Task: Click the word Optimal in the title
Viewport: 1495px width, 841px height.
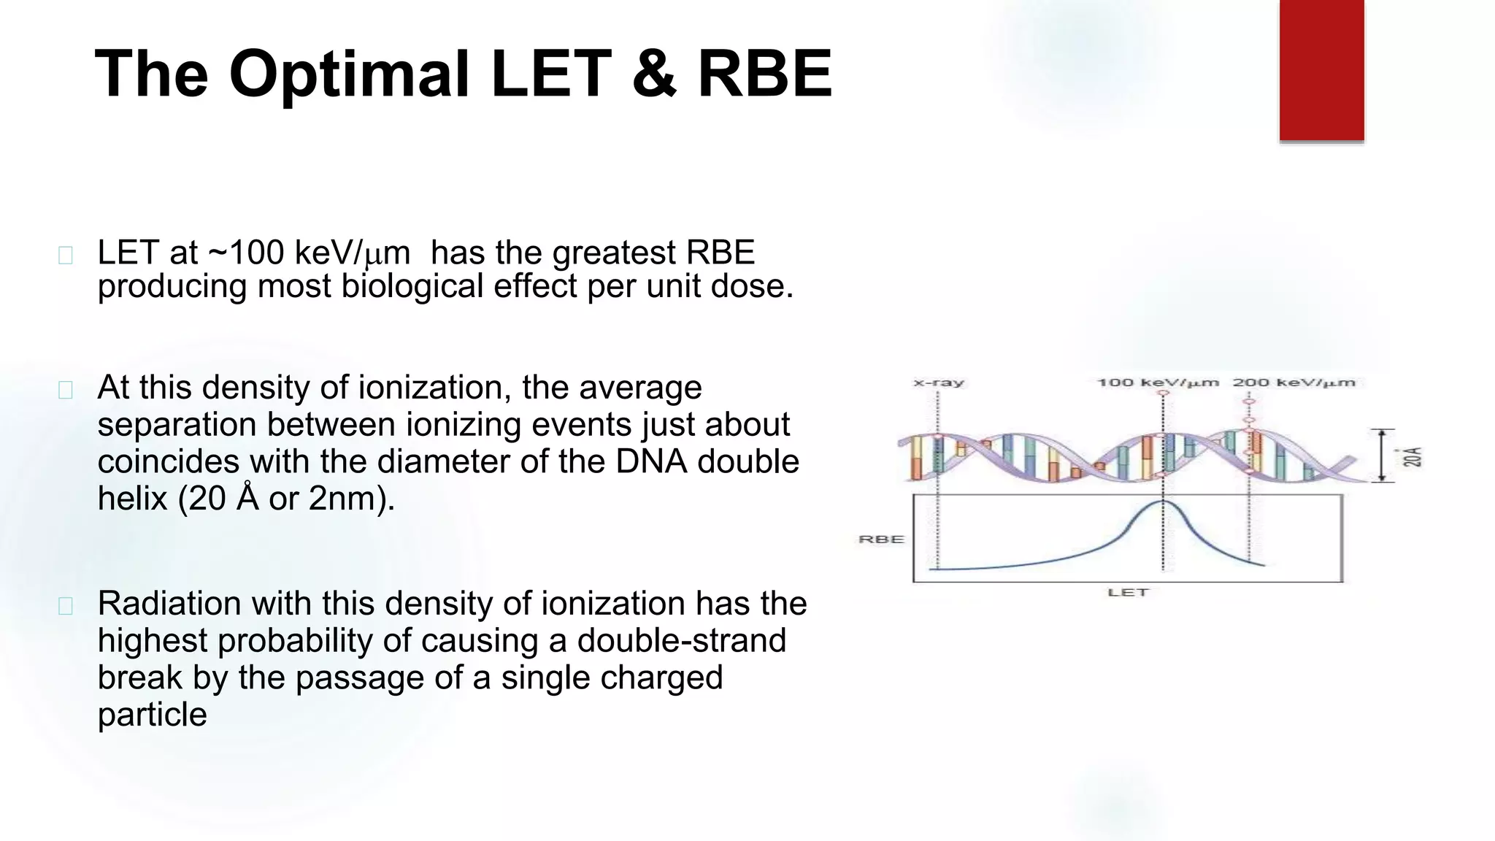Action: pyautogui.click(x=349, y=74)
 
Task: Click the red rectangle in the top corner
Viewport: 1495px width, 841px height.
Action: pyautogui.click(x=1321, y=69)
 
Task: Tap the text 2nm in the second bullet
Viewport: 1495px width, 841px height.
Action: pyautogui.click(x=346, y=499)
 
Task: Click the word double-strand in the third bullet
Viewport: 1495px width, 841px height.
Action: pyautogui.click(x=682, y=640)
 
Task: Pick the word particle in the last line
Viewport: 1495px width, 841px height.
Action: pyautogui.click(x=152, y=714)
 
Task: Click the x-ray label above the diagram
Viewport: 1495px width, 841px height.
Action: pyautogui.click(x=939, y=383)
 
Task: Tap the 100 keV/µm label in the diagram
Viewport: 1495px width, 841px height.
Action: pyautogui.click(x=1158, y=383)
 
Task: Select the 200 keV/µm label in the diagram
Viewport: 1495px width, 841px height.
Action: pyautogui.click(x=1294, y=383)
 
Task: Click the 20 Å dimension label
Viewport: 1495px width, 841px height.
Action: pyautogui.click(x=1413, y=457)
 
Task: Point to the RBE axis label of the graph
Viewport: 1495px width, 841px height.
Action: pyautogui.click(x=881, y=539)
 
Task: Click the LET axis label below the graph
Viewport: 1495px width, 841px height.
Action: pyautogui.click(x=1128, y=592)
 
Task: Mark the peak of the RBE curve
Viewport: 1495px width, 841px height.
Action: pyautogui.click(x=1163, y=502)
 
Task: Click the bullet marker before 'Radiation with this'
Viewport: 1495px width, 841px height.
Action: pyautogui.click(x=66, y=606)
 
